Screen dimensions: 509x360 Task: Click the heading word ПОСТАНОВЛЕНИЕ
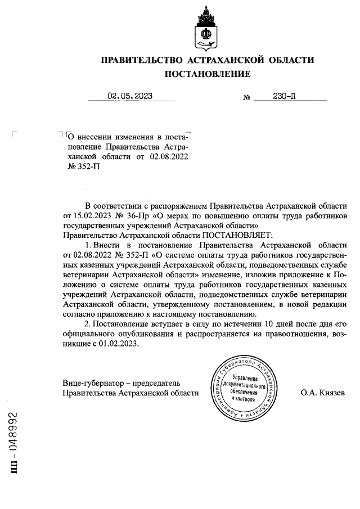[207, 74]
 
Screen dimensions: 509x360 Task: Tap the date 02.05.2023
[130, 96]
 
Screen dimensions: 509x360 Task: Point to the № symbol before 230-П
[246, 97]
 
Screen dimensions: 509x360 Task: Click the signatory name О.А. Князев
[323, 393]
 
